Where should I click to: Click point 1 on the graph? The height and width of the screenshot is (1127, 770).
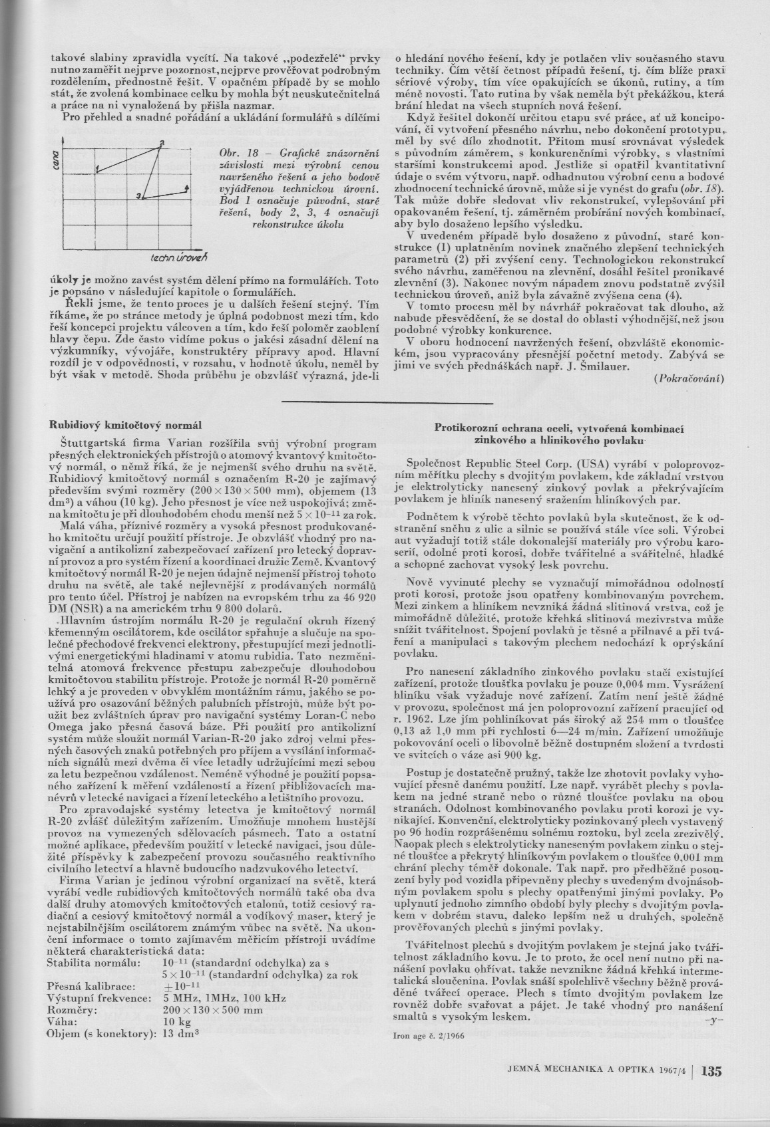coord(98,172)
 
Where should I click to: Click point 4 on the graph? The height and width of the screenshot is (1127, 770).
coord(187,190)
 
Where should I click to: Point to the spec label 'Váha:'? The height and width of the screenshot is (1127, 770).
coord(62,1021)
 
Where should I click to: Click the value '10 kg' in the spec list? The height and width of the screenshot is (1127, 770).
coord(177,1021)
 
